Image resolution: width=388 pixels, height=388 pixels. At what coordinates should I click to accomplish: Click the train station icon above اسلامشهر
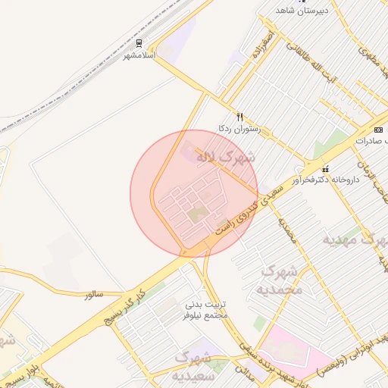(139, 43)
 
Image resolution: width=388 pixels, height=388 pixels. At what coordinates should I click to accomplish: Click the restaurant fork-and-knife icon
(240, 117)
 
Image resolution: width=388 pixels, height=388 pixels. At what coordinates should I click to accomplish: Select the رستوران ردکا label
(239, 129)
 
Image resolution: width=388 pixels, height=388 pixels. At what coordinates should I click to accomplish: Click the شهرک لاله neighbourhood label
(226, 158)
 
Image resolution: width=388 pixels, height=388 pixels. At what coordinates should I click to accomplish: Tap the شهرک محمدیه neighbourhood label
(281, 280)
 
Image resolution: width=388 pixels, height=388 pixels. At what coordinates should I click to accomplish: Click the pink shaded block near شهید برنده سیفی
(292, 350)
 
